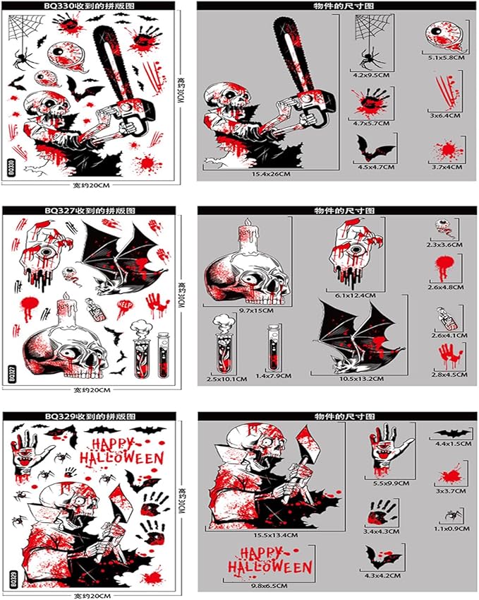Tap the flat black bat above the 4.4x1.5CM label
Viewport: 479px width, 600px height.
click(x=447, y=433)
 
